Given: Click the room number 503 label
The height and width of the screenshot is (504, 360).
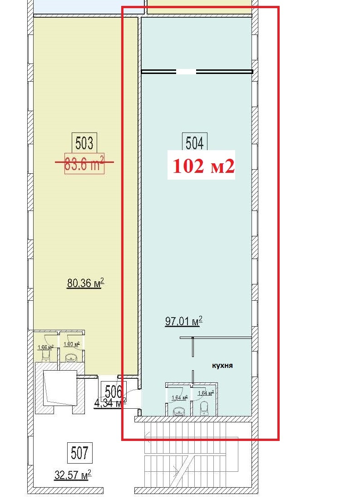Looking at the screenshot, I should point(84,143).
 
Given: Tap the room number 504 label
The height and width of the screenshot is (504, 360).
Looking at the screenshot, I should point(194,143).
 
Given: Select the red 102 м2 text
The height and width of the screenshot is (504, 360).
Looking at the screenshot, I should point(202,166).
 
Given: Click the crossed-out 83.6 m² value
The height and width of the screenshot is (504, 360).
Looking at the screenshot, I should point(84,163).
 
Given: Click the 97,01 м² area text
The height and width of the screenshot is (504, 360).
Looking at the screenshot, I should point(183,322).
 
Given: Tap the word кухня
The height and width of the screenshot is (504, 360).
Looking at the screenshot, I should point(222,365).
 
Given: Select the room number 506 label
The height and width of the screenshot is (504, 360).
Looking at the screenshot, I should point(113,391).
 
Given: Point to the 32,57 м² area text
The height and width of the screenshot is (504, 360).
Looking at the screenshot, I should point(73,475).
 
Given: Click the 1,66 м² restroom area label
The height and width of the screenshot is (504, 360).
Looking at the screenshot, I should point(45,347).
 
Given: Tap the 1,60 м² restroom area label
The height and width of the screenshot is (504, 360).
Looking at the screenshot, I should point(71,344).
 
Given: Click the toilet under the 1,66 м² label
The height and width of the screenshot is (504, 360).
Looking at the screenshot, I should point(46,358).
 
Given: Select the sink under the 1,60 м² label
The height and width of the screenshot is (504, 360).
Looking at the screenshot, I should point(72,358).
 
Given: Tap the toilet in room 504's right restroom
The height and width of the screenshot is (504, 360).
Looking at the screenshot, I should point(204,407).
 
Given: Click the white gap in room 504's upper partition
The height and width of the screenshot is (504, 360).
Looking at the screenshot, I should point(186,71).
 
